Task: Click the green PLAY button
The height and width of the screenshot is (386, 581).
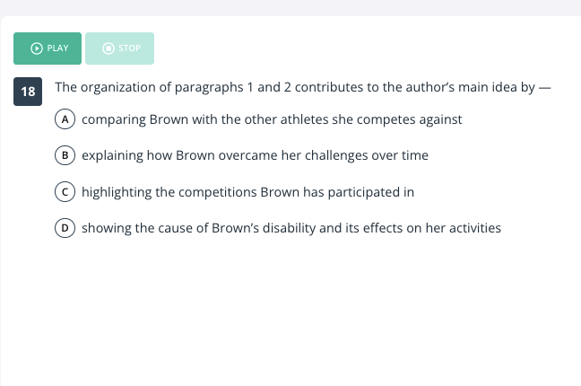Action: (48, 48)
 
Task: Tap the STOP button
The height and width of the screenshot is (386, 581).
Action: (119, 48)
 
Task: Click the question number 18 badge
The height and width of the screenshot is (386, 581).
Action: (28, 92)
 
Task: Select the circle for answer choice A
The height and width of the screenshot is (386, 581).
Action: (65, 119)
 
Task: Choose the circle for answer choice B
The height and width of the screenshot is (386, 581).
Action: (65, 155)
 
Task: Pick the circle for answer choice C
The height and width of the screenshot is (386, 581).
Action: (65, 192)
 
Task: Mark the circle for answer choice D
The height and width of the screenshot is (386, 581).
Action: (65, 227)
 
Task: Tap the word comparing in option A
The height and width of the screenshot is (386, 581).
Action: (114, 120)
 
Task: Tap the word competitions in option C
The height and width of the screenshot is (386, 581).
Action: (218, 192)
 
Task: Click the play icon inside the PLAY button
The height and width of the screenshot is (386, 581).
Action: (36, 48)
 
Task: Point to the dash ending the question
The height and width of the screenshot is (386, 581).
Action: (545, 88)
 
